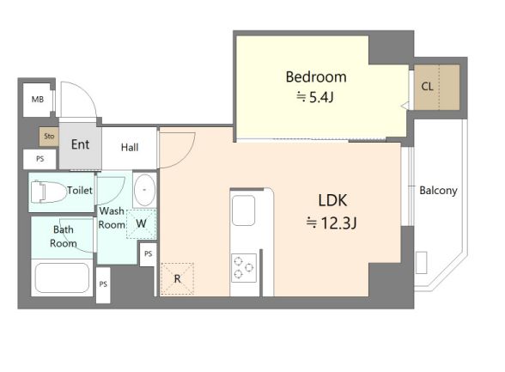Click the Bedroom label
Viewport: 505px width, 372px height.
pos(316,77)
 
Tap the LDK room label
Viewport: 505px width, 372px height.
pos(332,200)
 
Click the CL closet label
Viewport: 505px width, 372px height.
pos(427,86)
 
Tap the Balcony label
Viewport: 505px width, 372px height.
pos(438,191)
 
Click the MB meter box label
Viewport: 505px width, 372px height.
pos(38,99)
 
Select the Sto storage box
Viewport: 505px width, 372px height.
pos(49,137)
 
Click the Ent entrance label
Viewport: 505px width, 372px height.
pos(80,144)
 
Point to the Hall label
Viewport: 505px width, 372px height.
pos(130,148)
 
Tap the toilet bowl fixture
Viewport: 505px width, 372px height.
pos(48,192)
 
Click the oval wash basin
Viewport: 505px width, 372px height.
pos(144,190)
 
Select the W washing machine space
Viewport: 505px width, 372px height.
pos(141,224)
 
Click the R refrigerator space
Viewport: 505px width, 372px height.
pos(177,278)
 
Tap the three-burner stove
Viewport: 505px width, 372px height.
pos(244,268)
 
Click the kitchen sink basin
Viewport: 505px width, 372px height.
pos(244,210)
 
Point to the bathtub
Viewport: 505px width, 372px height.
pos(62,277)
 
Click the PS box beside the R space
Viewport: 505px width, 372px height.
pos(148,253)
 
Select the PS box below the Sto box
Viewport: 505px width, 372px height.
pos(40,159)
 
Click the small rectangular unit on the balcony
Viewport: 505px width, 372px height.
pos(421,263)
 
